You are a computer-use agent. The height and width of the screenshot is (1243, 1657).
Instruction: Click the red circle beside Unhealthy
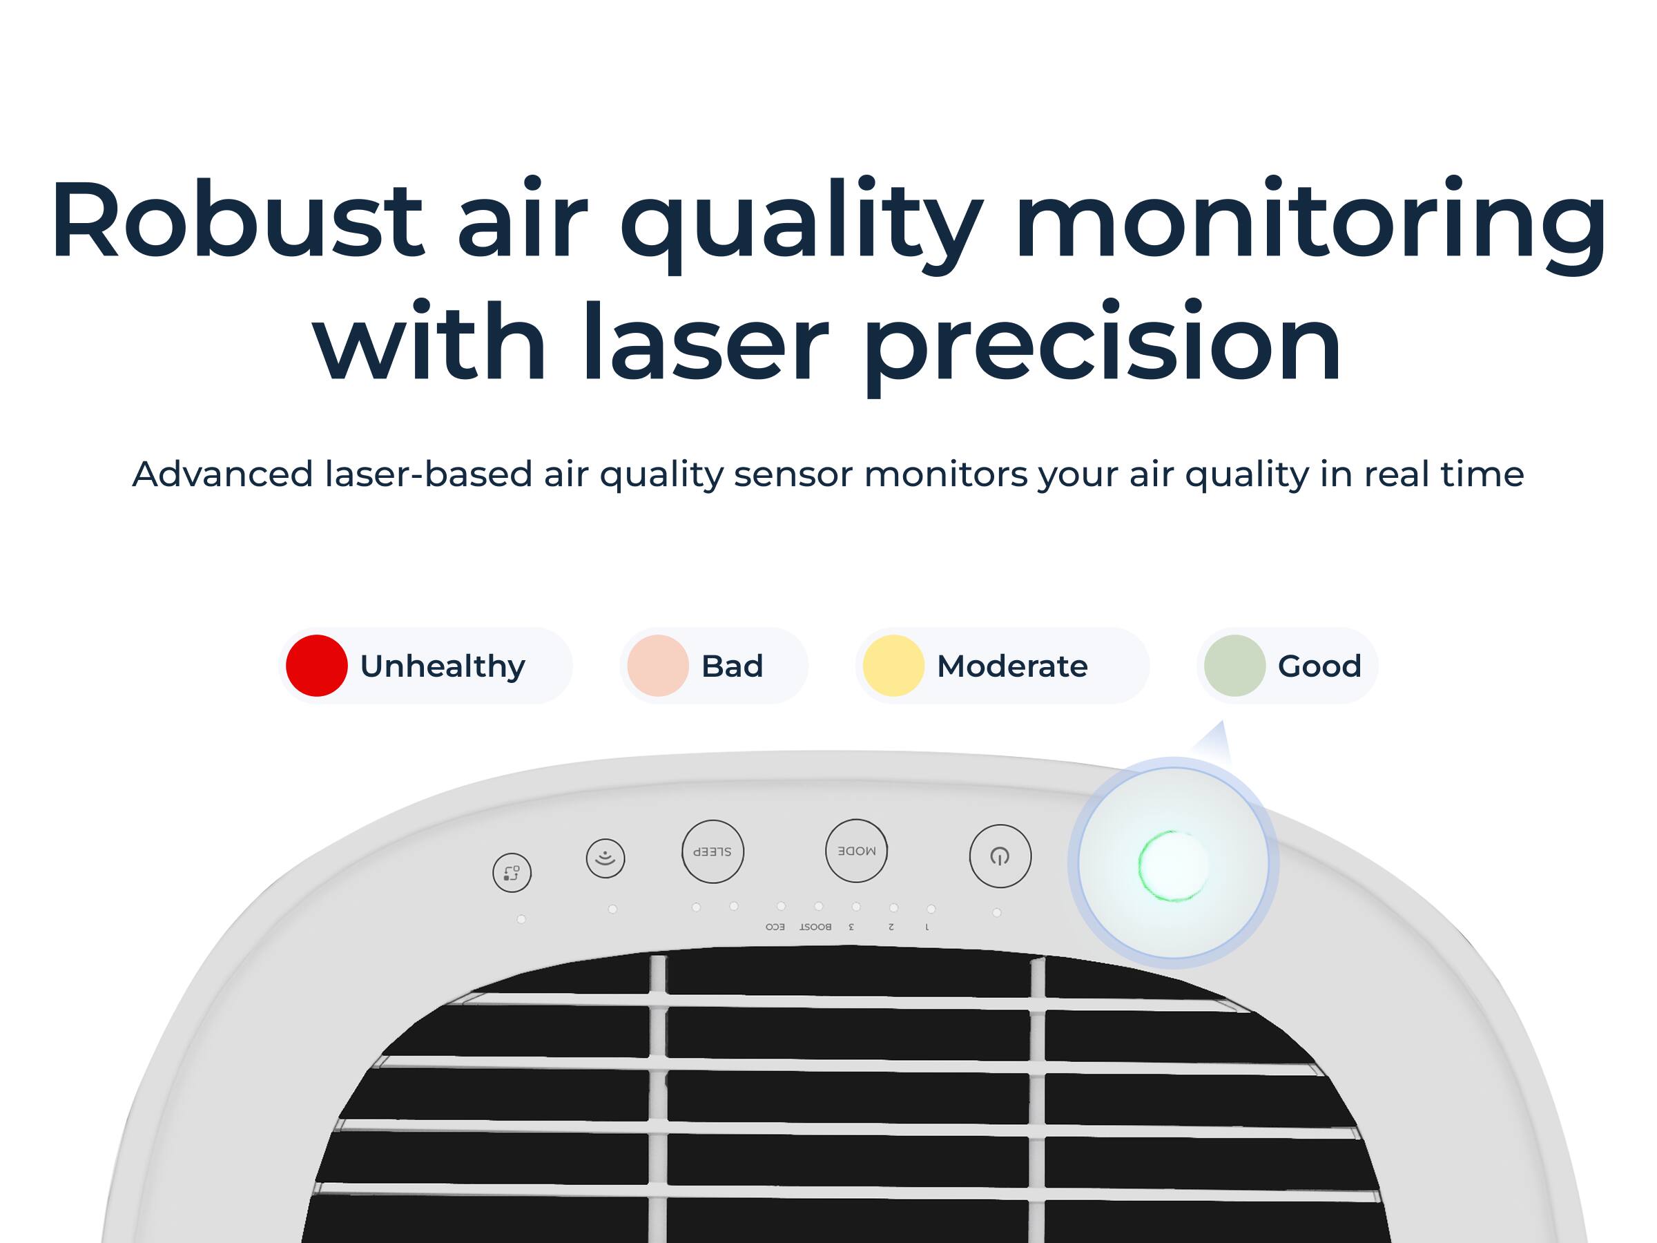(316, 665)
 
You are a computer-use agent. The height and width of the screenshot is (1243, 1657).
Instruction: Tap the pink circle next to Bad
(658, 665)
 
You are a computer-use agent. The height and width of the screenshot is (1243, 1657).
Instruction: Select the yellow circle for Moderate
(893, 665)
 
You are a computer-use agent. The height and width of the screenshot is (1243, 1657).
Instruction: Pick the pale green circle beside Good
(1234, 665)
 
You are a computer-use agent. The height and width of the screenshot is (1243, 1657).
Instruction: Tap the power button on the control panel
(1000, 856)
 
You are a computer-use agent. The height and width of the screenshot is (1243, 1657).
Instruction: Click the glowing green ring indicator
(1172, 865)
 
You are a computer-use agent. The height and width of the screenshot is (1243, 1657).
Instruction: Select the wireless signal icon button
(605, 858)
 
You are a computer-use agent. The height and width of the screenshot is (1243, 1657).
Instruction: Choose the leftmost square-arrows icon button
(512, 873)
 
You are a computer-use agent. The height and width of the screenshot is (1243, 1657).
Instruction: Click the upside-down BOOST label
(815, 927)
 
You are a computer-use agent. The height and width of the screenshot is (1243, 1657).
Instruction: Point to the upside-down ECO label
(775, 927)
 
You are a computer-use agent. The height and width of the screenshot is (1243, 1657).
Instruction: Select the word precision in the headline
(1103, 345)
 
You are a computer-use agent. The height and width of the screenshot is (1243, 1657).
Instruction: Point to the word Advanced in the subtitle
(222, 474)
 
